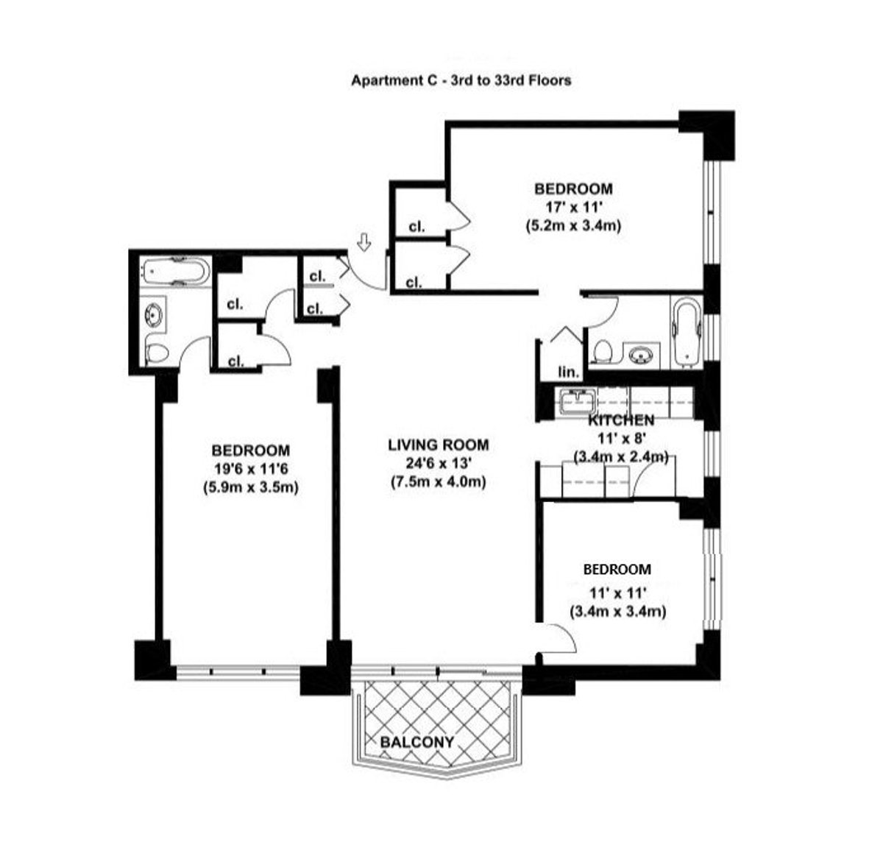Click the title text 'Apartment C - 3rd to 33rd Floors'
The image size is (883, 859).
click(461, 81)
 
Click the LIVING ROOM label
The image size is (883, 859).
click(439, 445)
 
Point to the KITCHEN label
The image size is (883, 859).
click(620, 420)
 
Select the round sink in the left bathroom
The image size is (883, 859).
click(154, 314)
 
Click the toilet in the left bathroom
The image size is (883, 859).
click(156, 354)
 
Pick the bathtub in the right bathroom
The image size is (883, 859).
click(686, 331)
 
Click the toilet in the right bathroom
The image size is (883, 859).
click(601, 352)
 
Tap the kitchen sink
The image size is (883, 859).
click(577, 401)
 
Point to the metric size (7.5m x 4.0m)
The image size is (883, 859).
click(439, 482)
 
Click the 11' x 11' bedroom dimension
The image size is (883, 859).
click(617, 591)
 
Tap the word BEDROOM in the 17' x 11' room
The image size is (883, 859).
click(573, 188)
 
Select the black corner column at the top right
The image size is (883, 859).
click(708, 130)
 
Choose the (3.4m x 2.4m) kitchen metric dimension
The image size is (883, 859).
click(620, 457)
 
